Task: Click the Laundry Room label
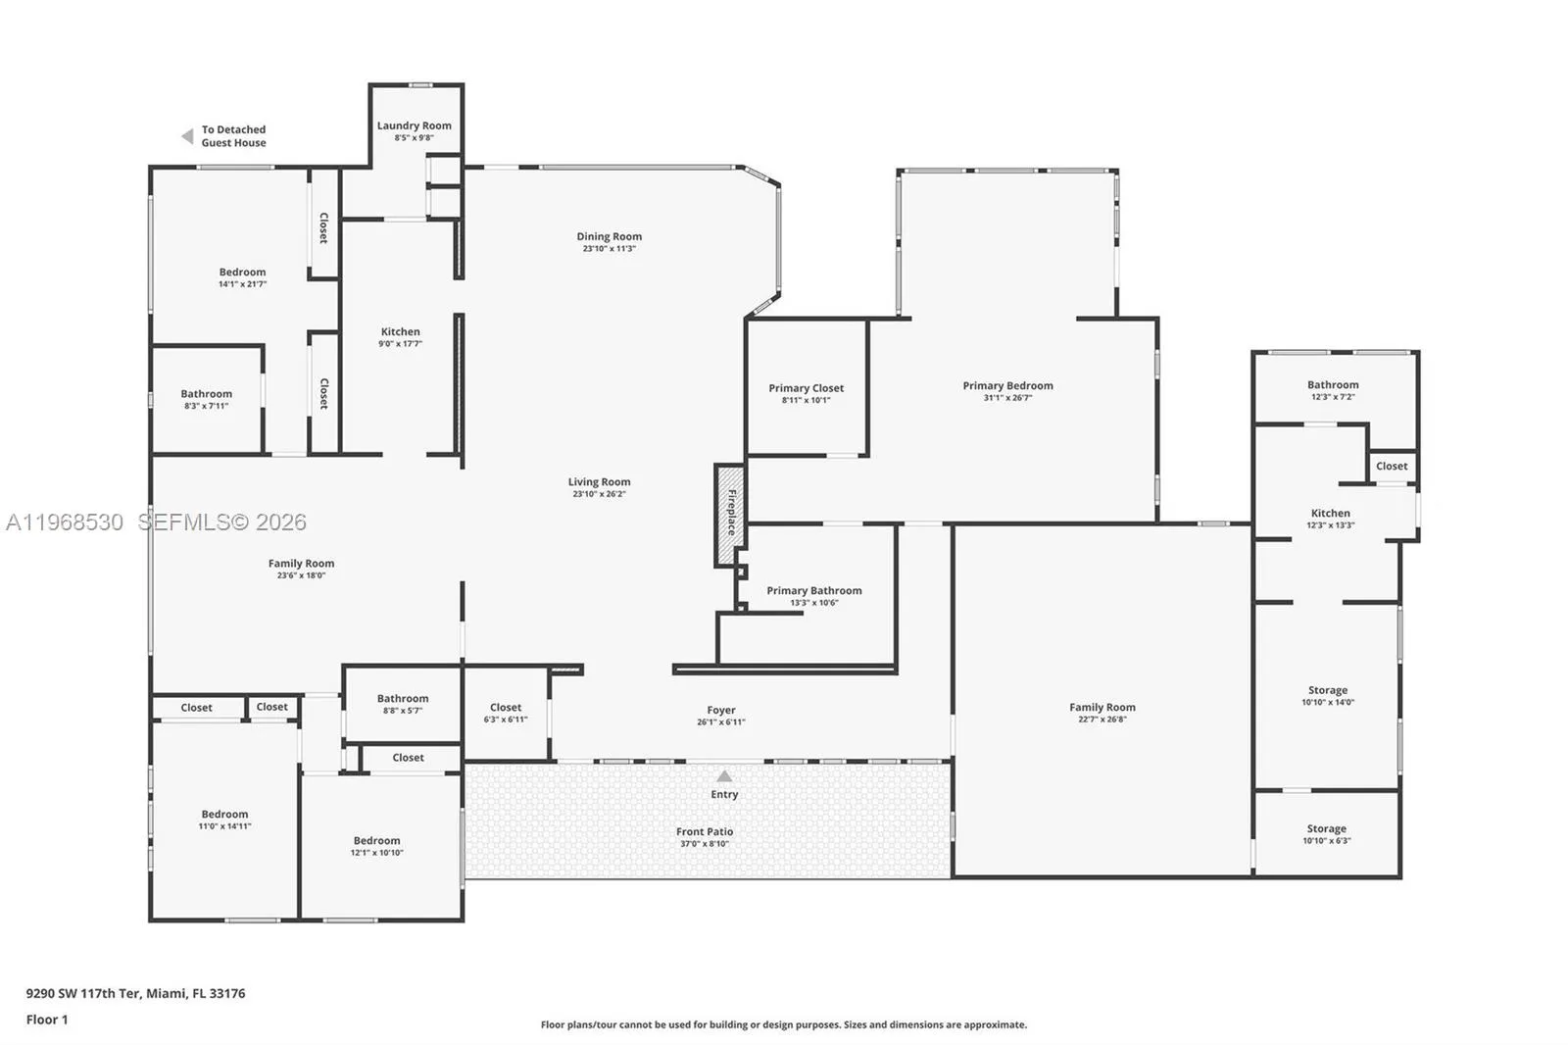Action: pyautogui.click(x=414, y=125)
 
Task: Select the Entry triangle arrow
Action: pyautogui.click(x=724, y=776)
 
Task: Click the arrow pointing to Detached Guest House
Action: pyautogui.click(x=187, y=136)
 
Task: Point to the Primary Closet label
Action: pyautogui.click(x=806, y=388)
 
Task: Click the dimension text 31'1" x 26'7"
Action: pyautogui.click(x=1007, y=398)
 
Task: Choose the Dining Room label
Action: pyautogui.click(x=609, y=236)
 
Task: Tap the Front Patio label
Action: pyautogui.click(x=704, y=831)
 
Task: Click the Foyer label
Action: pyautogui.click(x=720, y=710)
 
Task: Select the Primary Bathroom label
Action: pyautogui.click(x=813, y=590)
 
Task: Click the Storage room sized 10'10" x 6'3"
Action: pyautogui.click(x=1326, y=834)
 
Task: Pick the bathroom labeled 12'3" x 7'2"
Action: pyautogui.click(x=1333, y=390)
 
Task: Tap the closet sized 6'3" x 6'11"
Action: pyautogui.click(x=506, y=713)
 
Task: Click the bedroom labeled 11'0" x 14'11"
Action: pyautogui.click(x=224, y=820)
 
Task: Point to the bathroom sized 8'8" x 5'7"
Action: pyautogui.click(x=402, y=704)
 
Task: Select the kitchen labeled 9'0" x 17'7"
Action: pyautogui.click(x=400, y=337)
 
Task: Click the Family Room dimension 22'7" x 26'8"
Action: pyautogui.click(x=1102, y=720)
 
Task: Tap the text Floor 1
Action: pyautogui.click(x=47, y=1020)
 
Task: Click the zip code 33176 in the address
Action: pyautogui.click(x=227, y=993)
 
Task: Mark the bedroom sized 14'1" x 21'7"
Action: pyautogui.click(x=242, y=277)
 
